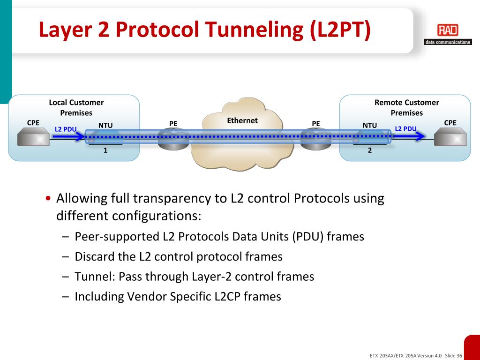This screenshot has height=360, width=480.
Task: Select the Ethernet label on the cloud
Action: pos(242,120)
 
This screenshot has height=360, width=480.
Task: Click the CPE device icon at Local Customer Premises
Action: pos(33,138)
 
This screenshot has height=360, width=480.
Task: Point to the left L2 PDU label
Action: pos(66,129)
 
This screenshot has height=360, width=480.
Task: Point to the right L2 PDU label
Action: pos(405,128)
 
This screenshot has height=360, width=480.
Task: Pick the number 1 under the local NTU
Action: pos(105,150)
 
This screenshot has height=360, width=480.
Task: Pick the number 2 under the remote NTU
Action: pos(370,150)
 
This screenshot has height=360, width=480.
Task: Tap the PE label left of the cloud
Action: pos(173,124)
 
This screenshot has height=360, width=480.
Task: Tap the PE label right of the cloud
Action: pos(316,124)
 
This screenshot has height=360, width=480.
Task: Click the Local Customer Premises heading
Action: pos(76,107)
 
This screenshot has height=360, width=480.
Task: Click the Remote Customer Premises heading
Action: pos(406,107)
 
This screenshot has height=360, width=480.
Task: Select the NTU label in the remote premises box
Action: pos(370,125)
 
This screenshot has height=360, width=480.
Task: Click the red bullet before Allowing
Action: pos(49,199)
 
